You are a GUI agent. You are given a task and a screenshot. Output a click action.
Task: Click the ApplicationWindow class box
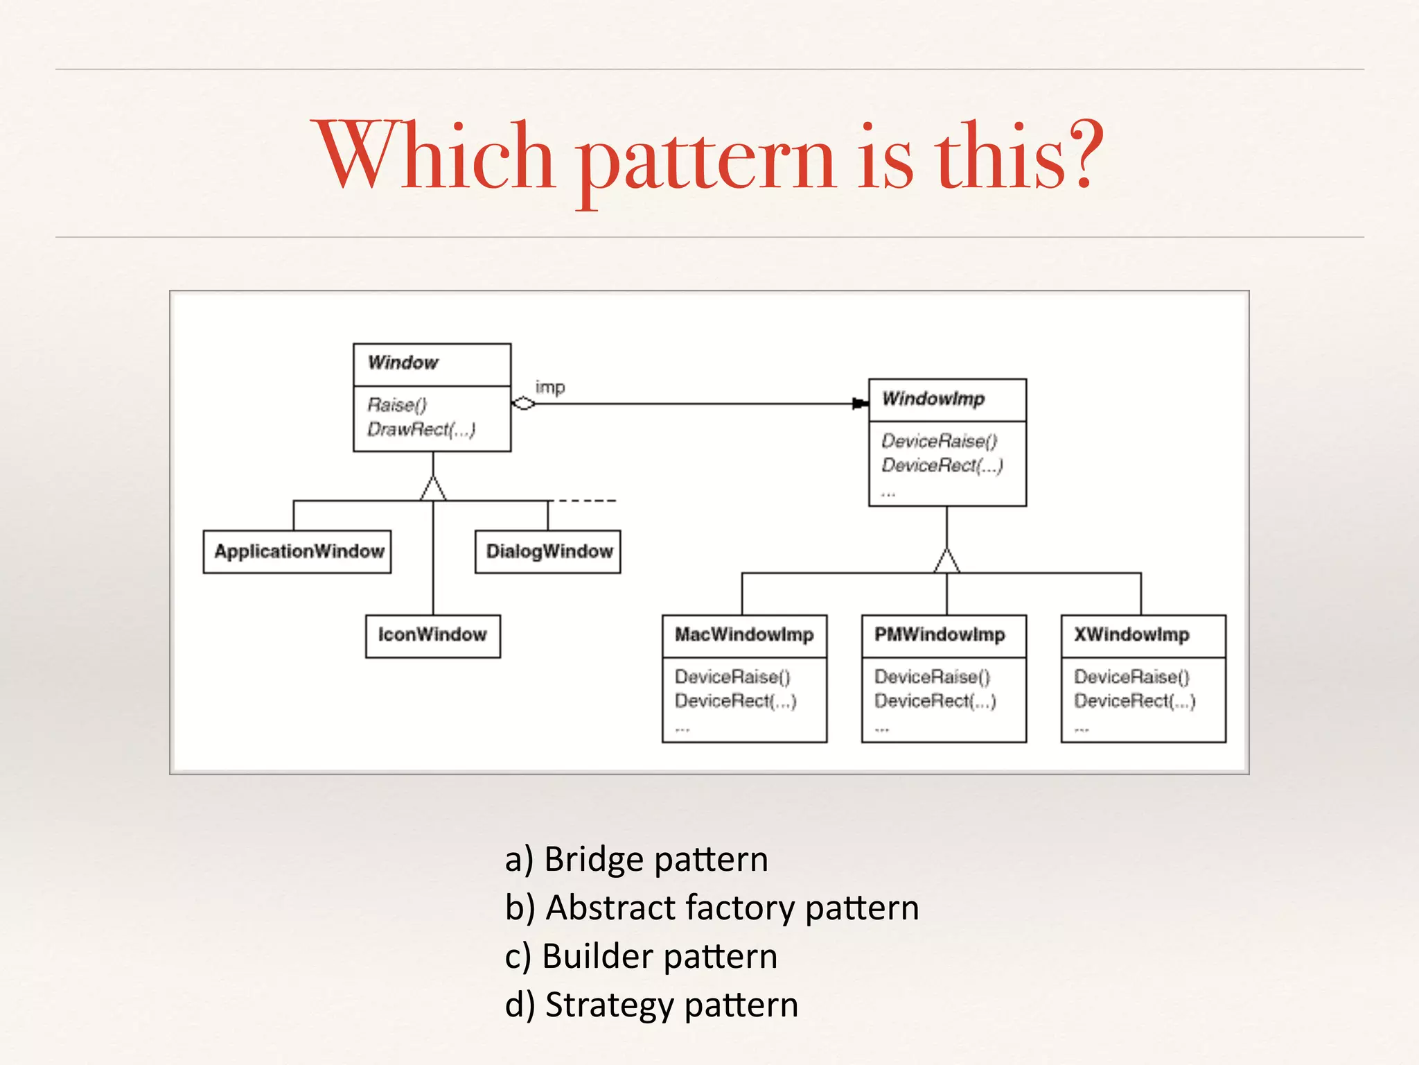(x=297, y=552)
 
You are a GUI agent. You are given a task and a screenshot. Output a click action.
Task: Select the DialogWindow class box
(x=548, y=552)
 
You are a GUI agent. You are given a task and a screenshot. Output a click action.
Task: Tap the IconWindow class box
(x=432, y=636)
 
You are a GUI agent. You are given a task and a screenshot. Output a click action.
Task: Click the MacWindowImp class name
(x=744, y=635)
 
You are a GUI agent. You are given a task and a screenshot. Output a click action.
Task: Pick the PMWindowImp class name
(x=940, y=635)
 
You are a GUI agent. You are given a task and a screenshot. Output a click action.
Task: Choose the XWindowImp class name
(x=1131, y=635)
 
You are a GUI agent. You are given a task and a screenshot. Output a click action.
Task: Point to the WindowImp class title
(x=933, y=399)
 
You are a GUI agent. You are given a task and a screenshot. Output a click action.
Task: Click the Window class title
(x=403, y=363)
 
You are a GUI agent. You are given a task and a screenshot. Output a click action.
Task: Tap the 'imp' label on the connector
(x=550, y=388)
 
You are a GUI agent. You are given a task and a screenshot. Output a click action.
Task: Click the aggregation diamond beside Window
(x=524, y=404)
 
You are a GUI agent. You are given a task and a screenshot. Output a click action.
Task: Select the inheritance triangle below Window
(x=433, y=489)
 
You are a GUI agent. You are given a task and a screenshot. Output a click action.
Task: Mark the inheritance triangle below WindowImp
(x=947, y=561)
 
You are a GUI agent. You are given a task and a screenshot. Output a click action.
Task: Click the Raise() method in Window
(x=397, y=405)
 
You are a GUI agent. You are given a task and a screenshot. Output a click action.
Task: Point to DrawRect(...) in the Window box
(x=421, y=430)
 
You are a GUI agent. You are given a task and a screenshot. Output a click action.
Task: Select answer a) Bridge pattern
(x=637, y=860)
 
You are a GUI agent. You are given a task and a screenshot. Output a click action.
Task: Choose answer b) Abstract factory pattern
(x=712, y=908)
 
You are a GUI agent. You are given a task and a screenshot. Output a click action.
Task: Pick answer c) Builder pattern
(x=641, y=957)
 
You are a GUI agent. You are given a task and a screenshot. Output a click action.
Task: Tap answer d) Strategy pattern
(x=651, y=1005)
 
